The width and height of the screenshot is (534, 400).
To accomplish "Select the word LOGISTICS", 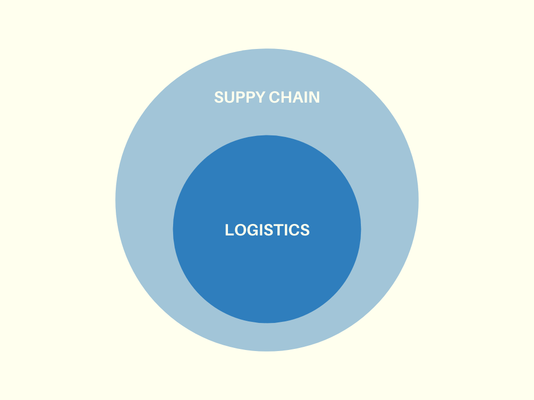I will (x=267, y=230).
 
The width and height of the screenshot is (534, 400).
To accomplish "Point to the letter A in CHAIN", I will (x=296, y=97).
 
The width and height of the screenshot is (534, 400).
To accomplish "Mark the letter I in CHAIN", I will (x=305, y=97).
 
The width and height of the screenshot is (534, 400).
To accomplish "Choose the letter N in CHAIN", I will (x=314, y=97).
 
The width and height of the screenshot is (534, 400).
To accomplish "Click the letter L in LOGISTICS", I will (x=229, y=230).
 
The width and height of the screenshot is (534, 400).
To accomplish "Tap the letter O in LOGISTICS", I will (x=239, y=230).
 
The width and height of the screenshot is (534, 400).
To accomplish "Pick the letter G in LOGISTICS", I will (x=251, y=230).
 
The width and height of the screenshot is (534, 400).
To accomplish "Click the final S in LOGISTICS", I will (x=305, y=230).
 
